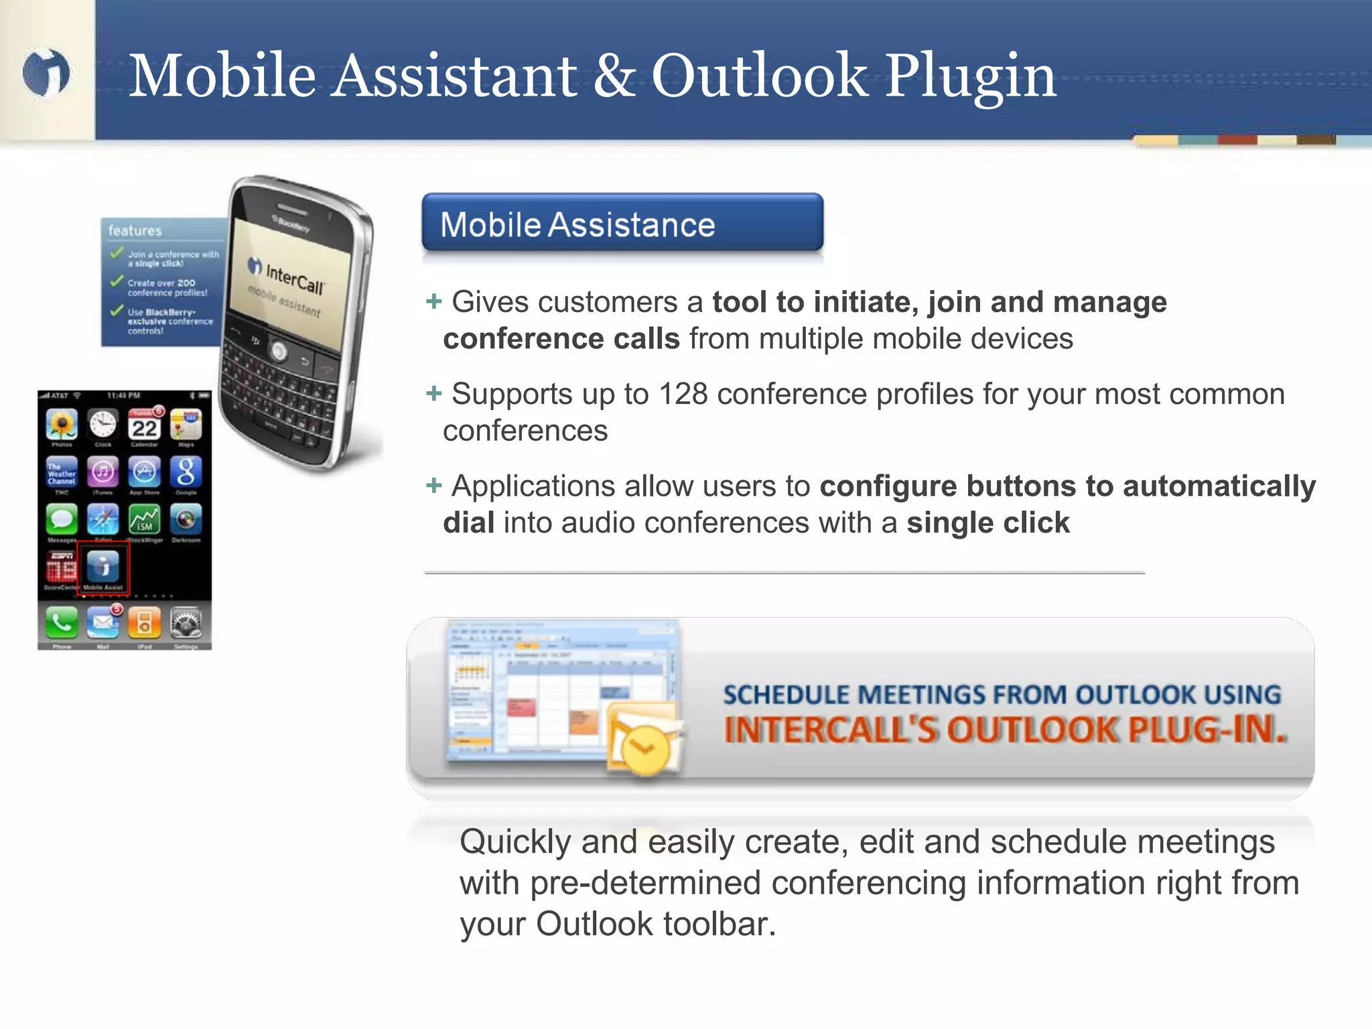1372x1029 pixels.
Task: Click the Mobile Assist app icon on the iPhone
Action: [x=102, y=565]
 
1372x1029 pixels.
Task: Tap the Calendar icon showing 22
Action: [x=144, y=425]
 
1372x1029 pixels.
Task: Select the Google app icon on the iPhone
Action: [x=186, y=472]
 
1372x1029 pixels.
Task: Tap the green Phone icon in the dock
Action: [x=62, y=623]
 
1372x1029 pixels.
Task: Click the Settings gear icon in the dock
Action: [x=186, y=623]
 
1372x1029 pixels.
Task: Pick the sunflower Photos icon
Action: [x=62, y=425]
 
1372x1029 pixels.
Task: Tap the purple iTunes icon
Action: [x=102, y=472]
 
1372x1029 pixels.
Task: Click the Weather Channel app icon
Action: [x=62, y=472]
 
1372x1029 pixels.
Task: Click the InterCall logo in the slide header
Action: [x=46, y=72]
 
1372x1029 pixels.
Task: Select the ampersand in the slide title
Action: [x=614, y=75]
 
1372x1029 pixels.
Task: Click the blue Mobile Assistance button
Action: [x=622, y=223]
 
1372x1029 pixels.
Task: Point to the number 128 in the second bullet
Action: [x=683, y=394]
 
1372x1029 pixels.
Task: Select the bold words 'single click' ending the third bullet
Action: [x=988, y=523]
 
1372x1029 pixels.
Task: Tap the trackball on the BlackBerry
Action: [x=279, y=350]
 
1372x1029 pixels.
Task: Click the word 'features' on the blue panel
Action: [x=135, y=230]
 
